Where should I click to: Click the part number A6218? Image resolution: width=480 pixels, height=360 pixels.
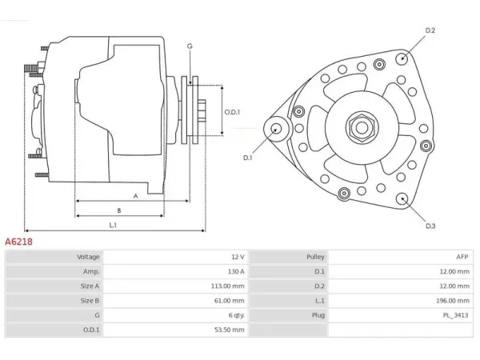coord(18,242)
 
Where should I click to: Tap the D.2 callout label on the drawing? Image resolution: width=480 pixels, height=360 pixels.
coord(430,30)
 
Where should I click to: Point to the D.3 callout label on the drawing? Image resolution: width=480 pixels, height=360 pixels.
coord(430,226)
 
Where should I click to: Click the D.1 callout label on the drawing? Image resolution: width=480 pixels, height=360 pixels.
coord(247,158)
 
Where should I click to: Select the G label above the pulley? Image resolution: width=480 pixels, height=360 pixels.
coord(190,46)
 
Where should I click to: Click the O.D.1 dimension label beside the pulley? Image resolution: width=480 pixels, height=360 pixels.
coord(232,112)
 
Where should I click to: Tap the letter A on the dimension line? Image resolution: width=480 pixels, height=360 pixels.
coord(136,196)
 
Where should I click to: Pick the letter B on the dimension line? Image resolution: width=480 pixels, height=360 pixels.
coord(119,210)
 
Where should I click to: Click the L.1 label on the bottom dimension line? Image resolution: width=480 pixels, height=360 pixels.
coord(113,225)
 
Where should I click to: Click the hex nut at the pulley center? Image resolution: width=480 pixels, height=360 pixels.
coord(362,128)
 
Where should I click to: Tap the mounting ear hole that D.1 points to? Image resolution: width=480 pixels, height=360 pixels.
coord(277,128)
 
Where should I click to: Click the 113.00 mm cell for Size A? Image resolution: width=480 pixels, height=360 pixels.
coord(227,286)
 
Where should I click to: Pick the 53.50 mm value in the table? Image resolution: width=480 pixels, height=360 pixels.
coord(230,330)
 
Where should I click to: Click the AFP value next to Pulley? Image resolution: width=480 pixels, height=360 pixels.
coord(462,257)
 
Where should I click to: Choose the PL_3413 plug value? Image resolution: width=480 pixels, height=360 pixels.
coord(455,315)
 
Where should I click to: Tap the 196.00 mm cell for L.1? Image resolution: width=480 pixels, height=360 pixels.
coord(453,301)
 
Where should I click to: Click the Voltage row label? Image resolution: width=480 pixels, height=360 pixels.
coord(88,257)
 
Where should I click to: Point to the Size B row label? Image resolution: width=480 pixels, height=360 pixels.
coord(90,301)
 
